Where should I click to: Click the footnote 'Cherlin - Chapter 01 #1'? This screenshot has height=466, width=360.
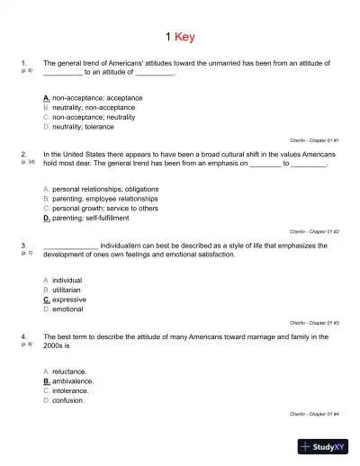(313, 140)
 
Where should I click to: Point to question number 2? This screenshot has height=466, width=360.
(22, 153)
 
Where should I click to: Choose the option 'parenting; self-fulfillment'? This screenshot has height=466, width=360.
(91, 218)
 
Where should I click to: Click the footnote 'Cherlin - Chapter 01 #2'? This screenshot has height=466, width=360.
(313, 231)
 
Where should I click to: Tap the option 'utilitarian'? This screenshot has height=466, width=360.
(68, 289)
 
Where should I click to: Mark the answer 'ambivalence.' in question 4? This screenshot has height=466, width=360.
(73, 381)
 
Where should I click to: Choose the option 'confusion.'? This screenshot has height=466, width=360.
(69, 400)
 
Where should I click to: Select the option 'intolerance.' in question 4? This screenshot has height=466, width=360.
(72, 390)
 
